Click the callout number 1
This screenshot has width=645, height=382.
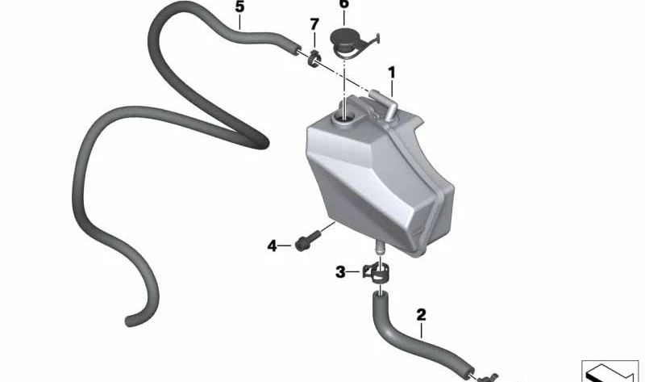coord(392,73)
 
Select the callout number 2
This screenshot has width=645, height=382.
coord(421,315)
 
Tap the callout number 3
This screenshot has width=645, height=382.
coord(340,272)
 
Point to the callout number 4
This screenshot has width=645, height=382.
coord(272,246)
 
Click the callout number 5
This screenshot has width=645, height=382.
coord(239,6)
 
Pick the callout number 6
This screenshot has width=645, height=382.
coord(344,4)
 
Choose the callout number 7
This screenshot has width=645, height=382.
coord(314,24)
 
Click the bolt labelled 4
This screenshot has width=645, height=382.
coord(308,241)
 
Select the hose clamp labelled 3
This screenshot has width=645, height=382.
coord(376,272)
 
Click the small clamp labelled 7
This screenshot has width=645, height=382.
coord(314,59)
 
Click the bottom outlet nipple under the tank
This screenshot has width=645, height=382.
coord(379,247)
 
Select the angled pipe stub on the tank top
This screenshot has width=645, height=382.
coord(384,104)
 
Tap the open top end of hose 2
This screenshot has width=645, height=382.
coord(380,295)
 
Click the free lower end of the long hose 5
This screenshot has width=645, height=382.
coord(130,321)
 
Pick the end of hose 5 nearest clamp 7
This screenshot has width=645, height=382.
coord(294,50)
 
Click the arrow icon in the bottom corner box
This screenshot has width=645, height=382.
coord(610,372)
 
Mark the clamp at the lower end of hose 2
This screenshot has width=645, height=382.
coord(488,377)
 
